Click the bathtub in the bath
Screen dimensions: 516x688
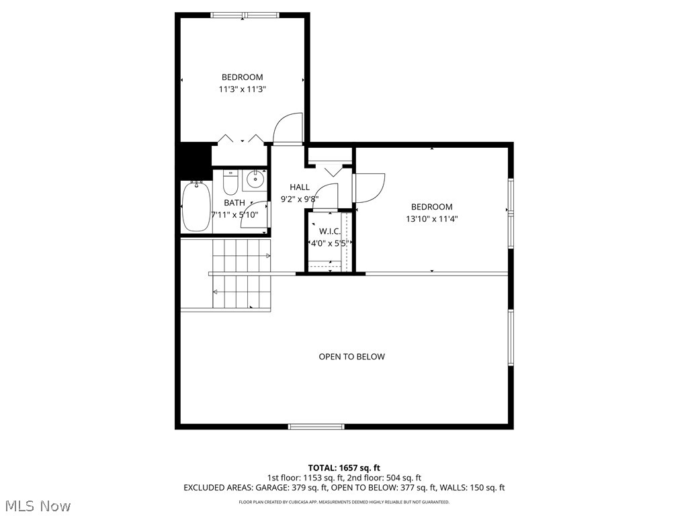click(x=196, y=207)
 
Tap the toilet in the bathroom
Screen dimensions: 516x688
click(x=230, y=183)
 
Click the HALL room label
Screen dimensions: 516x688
click(x=300, y=187)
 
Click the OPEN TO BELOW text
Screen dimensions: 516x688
click(x=351, y=357)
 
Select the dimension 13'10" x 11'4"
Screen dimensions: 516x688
click(x=431, y=218)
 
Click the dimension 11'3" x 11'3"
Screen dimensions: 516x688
click(x=243, y=89)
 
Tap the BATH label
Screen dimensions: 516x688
click(x=234, y=202)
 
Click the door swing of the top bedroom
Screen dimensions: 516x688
click(x=290, y=128)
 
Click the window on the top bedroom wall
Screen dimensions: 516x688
click(x=244, y=15)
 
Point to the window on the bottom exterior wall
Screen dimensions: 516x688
click(x=316, y=426)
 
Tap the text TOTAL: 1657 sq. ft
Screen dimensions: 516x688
click(x=344, y=468)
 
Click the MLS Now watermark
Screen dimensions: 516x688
click(x=37, y=505)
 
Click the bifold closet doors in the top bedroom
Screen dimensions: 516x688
click(x=241, y=140)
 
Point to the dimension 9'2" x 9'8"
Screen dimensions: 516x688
click(x=300, y=199)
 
